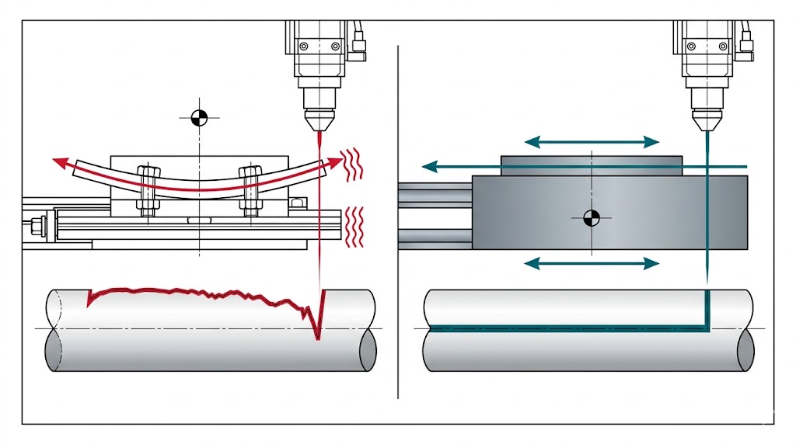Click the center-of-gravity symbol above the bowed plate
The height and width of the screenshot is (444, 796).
pos(199,118)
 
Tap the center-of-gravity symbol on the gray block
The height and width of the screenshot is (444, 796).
pos(592,217)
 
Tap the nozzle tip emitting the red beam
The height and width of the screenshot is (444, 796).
pos(319,123)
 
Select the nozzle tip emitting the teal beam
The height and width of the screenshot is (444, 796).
pos(707,124)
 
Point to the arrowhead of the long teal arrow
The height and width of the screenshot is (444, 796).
pos(428,166)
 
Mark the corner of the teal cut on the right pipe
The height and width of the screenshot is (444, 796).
pos(707,327)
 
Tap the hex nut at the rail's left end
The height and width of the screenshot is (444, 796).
pos(35,228)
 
